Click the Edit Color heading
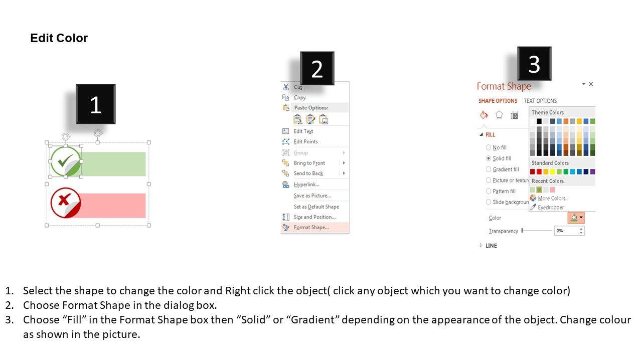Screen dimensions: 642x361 (59, 38)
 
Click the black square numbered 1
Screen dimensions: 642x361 (96, 104)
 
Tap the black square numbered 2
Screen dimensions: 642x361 (317, 69)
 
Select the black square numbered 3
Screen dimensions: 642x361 (534, 64)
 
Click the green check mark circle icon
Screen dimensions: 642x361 (66, 161)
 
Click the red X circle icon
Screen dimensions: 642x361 (66, 203)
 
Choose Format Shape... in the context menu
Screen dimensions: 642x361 (311, 228)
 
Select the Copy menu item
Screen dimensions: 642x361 (300, 97)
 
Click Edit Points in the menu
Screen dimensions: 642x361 (306, 141)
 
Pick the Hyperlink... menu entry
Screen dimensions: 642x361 (306, 185)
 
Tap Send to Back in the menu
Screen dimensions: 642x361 (308, 173)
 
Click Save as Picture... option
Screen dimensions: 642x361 (312, 196)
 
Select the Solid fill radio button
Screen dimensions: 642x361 (489, 158)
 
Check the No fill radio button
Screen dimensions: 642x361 (489, 147)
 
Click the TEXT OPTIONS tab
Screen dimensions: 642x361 (540, 101)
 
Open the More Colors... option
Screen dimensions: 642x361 (553, 198)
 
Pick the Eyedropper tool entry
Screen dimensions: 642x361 (551, 207)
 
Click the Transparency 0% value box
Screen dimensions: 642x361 (569, 231)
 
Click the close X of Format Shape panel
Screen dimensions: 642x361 (591, 84)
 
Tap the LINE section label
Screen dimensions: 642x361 (491, 246)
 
